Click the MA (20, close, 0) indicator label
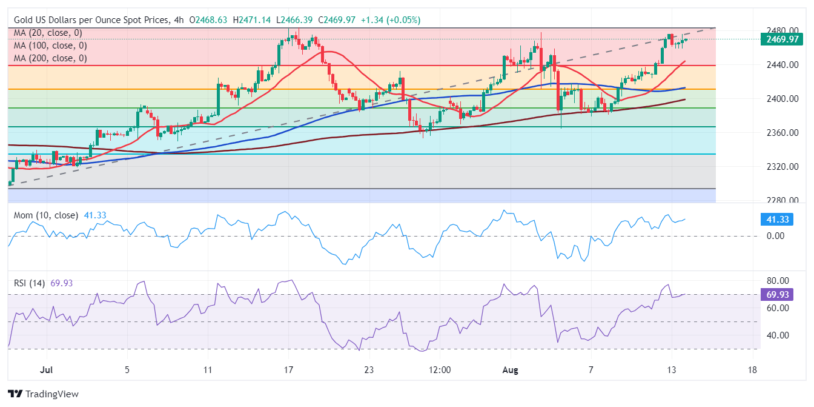click(48, 33)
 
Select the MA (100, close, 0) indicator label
click(50, 45)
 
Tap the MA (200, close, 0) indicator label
click(50, 58)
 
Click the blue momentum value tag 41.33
click(776, 220)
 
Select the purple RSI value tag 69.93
click(776, 295)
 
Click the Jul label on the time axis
click(46, 369)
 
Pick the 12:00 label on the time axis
click(440, 369)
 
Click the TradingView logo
click(43, 394)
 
